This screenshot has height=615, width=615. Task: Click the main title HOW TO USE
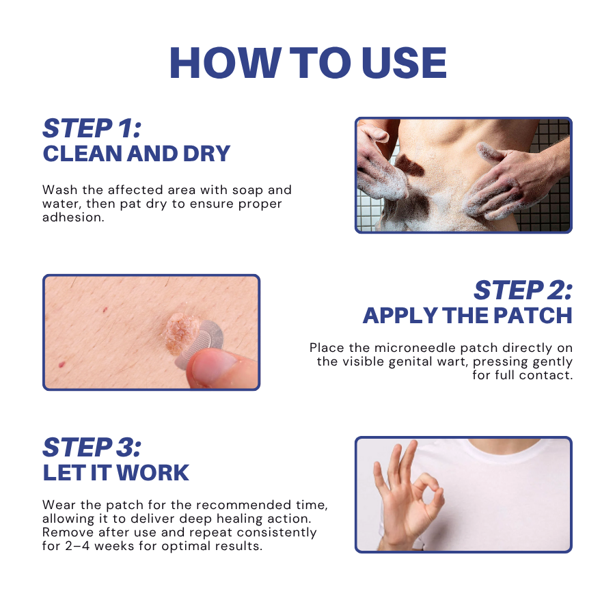point(307,64)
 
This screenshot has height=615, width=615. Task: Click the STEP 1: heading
point(91,128)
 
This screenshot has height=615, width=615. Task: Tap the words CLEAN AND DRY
point(136,154)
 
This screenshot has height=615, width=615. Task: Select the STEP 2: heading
point(523,290)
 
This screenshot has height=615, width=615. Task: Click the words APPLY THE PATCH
point(467,316)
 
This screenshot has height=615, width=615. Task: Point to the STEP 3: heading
point(92,447)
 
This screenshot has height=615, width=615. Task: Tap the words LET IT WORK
point(116,473)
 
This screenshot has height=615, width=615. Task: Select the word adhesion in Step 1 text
point(73,217)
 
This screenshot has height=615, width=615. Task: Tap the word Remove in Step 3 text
point(66,532)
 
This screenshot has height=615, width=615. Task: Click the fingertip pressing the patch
point(213,369)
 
